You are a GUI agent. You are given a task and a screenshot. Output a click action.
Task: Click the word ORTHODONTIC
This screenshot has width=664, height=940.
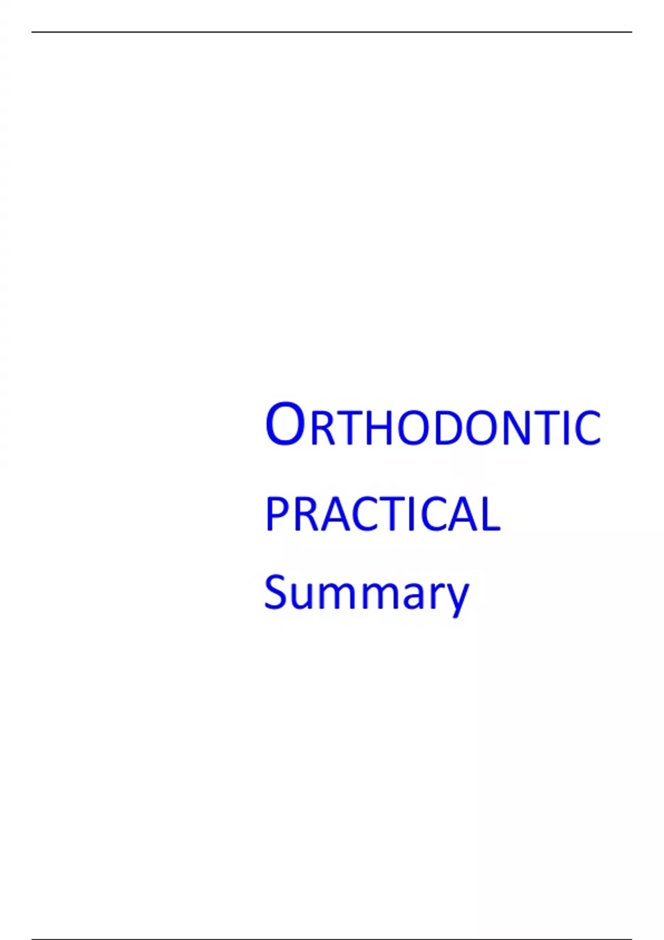click(433, 424)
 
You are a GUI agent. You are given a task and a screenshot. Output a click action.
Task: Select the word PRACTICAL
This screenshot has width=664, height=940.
click(382, 514)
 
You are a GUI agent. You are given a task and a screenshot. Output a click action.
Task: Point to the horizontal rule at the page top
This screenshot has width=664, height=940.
click(332, 32)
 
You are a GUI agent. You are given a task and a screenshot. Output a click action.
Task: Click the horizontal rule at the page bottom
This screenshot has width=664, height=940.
click(332, 939)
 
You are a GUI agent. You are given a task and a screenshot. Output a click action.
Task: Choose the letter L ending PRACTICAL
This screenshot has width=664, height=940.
click(490, 514)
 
